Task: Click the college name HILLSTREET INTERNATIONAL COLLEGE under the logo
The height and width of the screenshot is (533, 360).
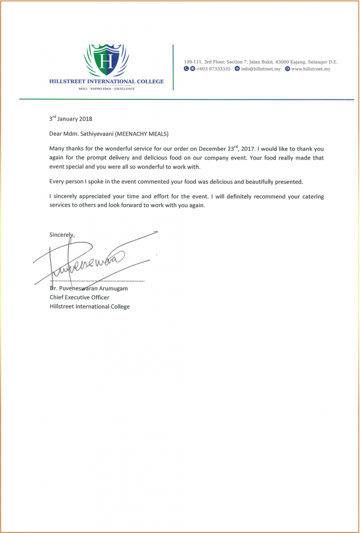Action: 106,81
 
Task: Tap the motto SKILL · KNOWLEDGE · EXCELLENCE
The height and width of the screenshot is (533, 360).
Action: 106,89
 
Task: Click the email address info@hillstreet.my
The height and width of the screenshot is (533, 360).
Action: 260,69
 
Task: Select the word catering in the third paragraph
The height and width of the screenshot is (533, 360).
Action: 317,197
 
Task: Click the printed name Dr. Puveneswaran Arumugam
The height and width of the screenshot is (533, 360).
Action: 89,288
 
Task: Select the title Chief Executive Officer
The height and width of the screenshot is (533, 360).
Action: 79,297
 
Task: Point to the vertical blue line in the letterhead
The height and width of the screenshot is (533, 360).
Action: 172,67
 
